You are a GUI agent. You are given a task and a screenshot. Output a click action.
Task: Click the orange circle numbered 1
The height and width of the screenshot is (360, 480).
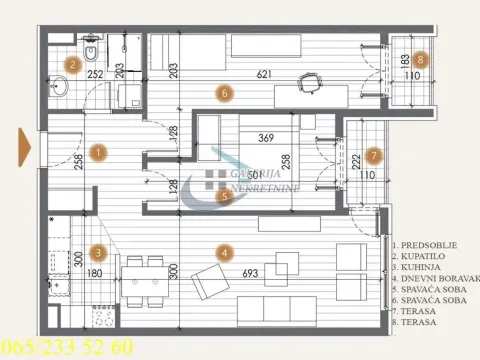pyautogui.click(x=98, y=153)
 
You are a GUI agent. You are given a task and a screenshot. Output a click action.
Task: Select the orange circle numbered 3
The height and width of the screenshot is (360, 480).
pyautogui.click(x=98, y=253)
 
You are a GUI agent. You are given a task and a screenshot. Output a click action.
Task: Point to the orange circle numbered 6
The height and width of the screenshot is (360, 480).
pyautogui.click(x=226, y=93)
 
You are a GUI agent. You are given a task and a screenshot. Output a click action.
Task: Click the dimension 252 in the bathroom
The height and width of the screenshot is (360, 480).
pyautogui.click(x=95, y=74)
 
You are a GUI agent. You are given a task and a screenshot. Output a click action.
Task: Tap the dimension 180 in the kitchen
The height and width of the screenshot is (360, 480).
pyautogui.click(x=96, y=273)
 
